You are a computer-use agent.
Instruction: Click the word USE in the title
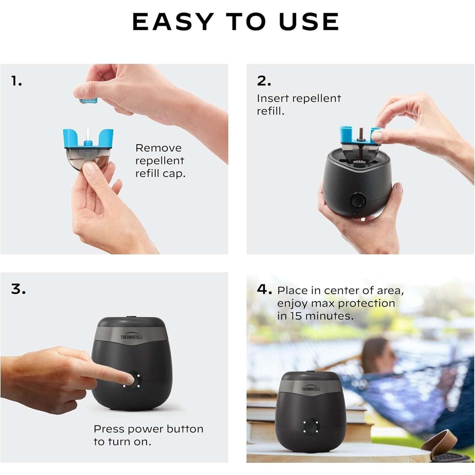[309, 21]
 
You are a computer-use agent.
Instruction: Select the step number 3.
[18, 289]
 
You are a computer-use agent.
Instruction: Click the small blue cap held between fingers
[89, 101]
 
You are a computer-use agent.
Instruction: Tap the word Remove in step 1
[158, 148]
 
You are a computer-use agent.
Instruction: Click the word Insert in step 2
[270, 98]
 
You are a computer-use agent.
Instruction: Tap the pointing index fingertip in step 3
[130, 379]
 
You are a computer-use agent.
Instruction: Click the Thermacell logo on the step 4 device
[311, 388]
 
